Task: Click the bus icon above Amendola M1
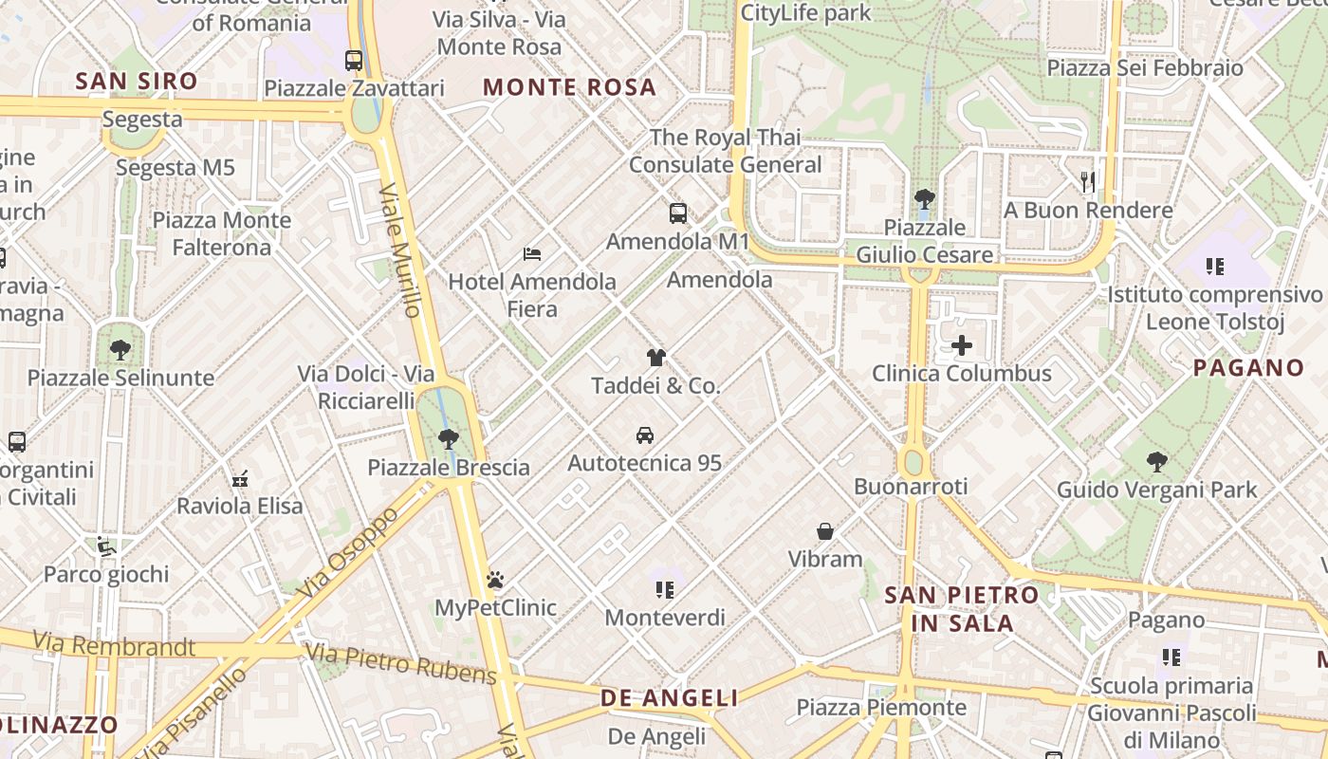tap(677, 213)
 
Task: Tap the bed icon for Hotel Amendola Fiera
tap(532, 253)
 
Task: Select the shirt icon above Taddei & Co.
tap(655, 358)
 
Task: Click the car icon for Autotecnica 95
tap(645, 435)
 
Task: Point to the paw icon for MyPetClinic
tap(495, 579)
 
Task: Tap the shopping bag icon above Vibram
tap(825, 531)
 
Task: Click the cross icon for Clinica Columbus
tap(962, 345)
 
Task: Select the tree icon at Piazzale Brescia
tap(448, 439)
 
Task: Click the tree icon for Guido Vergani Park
tap(1156, 462)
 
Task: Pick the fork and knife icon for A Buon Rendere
tap(1088, 181)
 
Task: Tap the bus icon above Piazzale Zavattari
tap(354, 61)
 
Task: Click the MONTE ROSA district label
tap(569, 87)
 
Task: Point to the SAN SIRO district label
tap(137, 82)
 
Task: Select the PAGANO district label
tap(1248, 368)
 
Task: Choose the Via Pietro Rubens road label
tap(400, 663)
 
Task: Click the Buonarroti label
tap(911, 487)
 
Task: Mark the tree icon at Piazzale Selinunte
tap(120, 350)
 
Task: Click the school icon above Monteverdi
tap(664, 590)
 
